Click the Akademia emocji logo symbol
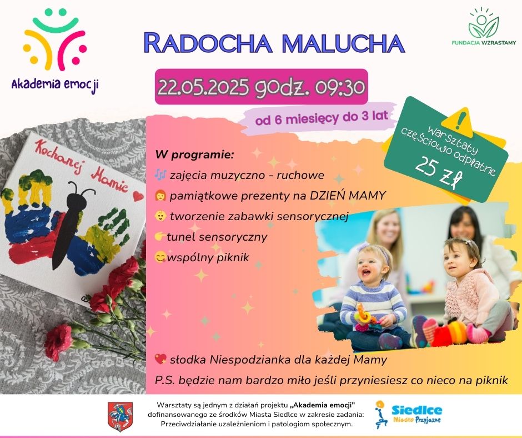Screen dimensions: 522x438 coord(56,39)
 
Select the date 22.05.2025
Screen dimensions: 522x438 coord(203,87)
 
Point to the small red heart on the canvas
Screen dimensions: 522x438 coord(138,196)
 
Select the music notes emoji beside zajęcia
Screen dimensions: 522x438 coord(160,175)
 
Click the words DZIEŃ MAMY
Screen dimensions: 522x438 coord(348,196)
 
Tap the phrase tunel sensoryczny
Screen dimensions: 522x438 coord(217,237)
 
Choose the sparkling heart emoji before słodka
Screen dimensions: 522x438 coord(160,359)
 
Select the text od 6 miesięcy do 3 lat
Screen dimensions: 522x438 coord(322,117)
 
